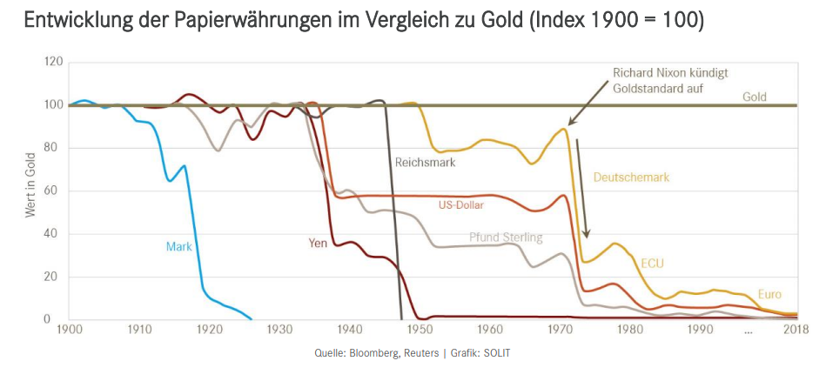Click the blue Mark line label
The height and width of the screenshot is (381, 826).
pos(178,246)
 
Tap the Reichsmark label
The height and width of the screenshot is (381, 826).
pos(425,162)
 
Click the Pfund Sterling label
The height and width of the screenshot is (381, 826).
pos(506,237)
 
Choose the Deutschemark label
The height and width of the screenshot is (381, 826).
pos(631,177)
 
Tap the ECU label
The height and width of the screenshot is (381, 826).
pos(653,263)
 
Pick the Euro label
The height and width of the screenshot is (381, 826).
pos(769,294)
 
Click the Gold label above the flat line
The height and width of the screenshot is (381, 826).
pos(754,97)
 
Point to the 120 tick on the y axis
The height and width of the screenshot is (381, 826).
pos(54,62)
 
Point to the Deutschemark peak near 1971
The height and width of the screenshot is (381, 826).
pos(565,129)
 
